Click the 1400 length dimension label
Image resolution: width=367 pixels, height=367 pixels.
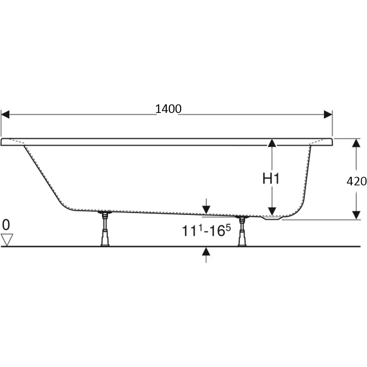(x=168, y=109)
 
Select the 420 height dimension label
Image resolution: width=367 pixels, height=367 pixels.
(x=357, y=181)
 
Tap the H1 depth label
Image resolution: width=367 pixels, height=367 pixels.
(x=271, y=179)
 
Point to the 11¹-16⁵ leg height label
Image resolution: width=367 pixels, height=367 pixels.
(x=206, y=231)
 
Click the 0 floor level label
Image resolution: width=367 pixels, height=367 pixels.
(x=6, y=225)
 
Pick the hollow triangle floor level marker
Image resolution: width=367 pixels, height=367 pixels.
(x=7, y=240)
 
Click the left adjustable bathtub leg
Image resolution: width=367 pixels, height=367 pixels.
(x=105, y=228)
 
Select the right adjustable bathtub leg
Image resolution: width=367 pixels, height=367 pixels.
(x=242, y=231)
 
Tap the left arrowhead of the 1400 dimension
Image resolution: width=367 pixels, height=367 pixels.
(x=5, y=114)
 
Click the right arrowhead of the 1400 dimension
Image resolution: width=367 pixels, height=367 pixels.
(x=328, y=114)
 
